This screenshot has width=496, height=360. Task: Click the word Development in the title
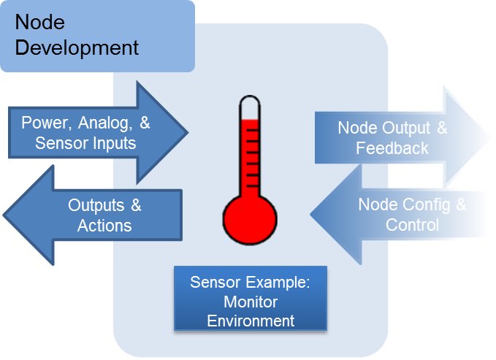77,48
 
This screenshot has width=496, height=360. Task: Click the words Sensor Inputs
85,142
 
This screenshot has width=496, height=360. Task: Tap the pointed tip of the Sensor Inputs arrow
187,132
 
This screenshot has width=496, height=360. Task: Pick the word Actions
104,225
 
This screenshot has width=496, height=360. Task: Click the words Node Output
384,129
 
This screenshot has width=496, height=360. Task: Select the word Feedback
392,148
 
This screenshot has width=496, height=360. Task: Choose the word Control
412,224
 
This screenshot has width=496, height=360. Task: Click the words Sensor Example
250,283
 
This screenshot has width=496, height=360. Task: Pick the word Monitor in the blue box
250,302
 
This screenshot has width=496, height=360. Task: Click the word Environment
250,320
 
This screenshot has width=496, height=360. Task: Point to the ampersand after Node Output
440,129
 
